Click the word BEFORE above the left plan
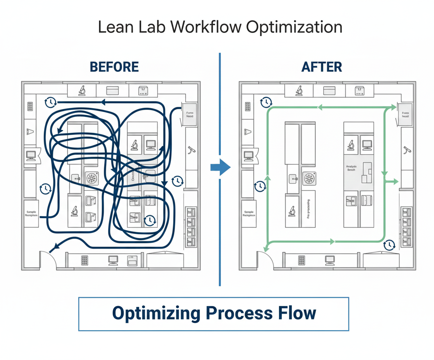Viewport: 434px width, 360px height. [x=114, y=67]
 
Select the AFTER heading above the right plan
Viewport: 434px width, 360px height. [x=322, y=67]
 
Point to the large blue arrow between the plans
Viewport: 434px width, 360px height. [x=220, y=167]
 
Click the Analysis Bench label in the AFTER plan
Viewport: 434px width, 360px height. [x=351, y=168]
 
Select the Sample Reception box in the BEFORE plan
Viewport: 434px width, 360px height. [x=31, y=214]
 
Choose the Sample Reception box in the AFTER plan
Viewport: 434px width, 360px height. [x=248, y=214]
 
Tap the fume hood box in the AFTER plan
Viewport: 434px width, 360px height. [x=405, y=114]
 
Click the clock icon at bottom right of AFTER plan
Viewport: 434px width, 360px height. [x=389, y=245]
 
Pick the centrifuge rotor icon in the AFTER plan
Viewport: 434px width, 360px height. [x=309, y=178]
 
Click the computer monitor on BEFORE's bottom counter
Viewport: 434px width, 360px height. [x=113, y=260]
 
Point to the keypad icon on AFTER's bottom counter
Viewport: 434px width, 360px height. [x=301, y=260]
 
